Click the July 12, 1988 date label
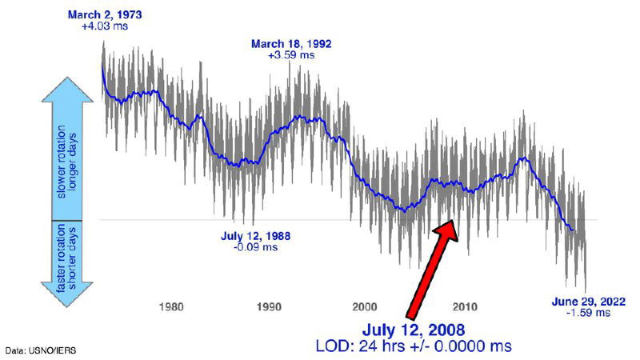coord(255,237)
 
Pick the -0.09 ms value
coord(255,248)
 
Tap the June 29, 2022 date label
coord(588,301)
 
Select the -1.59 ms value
coord(588,313)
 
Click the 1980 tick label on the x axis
coord(172,307)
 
